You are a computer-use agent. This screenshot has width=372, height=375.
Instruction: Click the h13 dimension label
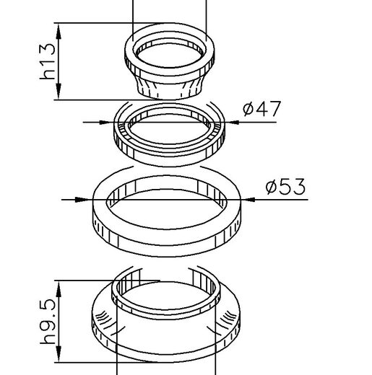[x=48, y=61]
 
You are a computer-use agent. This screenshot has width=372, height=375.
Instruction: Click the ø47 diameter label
[x=261, y=109]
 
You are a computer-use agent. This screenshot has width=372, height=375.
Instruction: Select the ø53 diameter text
[x=285, y=187]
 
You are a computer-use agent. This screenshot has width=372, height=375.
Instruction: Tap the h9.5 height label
[x=48, y=322]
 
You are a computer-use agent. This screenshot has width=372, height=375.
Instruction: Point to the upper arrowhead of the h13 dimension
[x=59, y=31]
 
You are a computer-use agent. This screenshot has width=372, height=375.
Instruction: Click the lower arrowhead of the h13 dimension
[x=59, y=92]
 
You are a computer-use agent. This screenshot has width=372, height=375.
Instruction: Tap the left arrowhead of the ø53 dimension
[x=82, y=200]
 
